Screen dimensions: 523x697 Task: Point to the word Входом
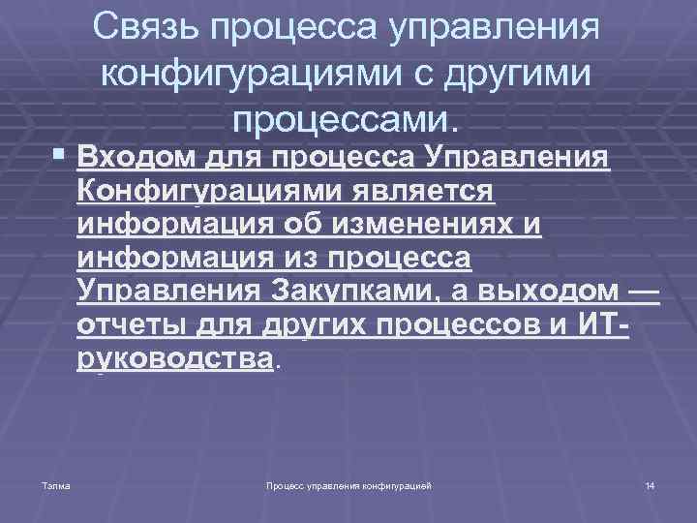[132, 157]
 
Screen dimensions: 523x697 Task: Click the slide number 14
[650, 483]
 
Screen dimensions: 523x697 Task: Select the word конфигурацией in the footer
[397, 483]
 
